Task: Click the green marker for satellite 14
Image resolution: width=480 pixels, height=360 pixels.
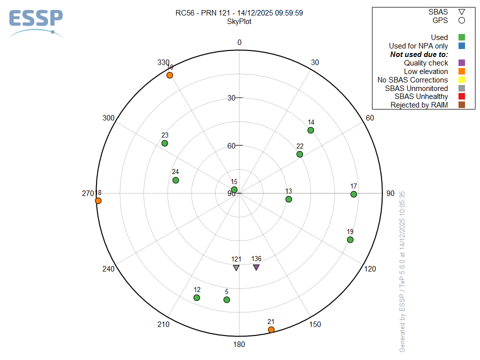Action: click(x=310, y=130)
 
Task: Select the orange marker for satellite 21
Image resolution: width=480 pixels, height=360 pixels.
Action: click(x=271, y=329)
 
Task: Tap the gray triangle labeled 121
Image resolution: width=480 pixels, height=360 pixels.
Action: click(x=236, y=267)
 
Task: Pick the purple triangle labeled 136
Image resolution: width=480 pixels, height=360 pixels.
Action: click(x=256, y=267)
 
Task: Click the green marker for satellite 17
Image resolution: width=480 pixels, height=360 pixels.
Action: click(x=353, y=194)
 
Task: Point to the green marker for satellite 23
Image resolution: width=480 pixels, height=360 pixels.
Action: click(x=164, y=143)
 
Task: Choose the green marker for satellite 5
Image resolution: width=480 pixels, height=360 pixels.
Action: click(x=226, y=299)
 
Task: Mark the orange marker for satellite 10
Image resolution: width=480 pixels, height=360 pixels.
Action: click(x=169, y=75)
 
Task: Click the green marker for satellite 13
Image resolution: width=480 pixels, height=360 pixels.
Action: click(x=288, y=199)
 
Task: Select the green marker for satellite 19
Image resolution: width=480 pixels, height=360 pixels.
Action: click(x=350, y=240)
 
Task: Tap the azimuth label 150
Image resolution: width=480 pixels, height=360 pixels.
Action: click(x=315, y=324)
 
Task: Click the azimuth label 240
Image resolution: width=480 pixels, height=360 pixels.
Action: click(x=108, y=269)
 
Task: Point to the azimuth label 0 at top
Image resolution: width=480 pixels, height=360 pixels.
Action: click(x=239, y=42)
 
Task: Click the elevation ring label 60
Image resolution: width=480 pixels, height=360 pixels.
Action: click(x=231, y=146)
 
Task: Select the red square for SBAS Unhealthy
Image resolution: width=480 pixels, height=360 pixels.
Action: click(x=461, y=96)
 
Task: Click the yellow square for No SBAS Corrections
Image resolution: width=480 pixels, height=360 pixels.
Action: click(x=461, y=80)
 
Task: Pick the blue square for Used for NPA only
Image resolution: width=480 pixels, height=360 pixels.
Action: click(x=461, y=46)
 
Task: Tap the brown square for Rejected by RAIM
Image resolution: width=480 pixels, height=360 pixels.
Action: click(x=461, y=105)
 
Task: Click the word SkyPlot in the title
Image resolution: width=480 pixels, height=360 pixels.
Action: click(x=239, y=21)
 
